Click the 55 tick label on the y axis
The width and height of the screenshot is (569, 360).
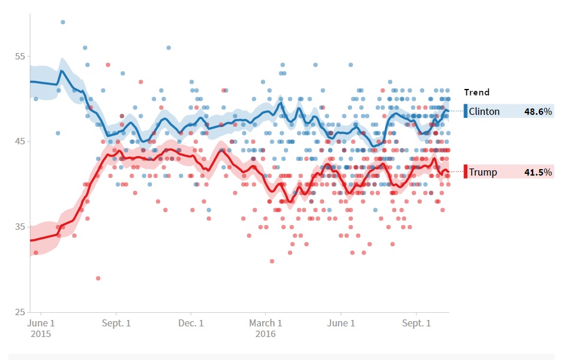point(20,57)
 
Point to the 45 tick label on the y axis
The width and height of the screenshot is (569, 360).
point(20,142)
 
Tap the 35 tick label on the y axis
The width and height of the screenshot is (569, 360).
point(20,227)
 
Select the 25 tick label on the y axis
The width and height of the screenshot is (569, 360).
point(20,312)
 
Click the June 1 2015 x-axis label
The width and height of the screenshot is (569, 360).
point(41,328)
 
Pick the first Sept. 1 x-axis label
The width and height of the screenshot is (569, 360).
point(116,323)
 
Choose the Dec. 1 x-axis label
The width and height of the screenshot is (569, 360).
point(191,323)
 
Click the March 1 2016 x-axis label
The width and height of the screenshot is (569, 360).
point(265,328)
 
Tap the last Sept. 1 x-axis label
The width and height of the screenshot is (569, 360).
point(416,323)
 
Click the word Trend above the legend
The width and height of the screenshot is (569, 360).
point(477,93)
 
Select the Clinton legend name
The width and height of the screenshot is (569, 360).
point(484,111)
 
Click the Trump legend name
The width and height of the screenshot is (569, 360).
point(483,173)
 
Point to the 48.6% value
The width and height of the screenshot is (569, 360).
point(538,111)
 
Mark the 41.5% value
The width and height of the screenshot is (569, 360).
point(538,173)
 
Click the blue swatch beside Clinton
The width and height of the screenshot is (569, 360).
point(465,111)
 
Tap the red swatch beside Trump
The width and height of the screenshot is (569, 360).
point(465,172)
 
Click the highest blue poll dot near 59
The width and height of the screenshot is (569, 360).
point(63,22)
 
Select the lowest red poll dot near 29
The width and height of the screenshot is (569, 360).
point(98,278)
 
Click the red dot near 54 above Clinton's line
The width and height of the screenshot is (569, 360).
point(108,65)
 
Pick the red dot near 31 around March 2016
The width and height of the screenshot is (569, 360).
point(272,261)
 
